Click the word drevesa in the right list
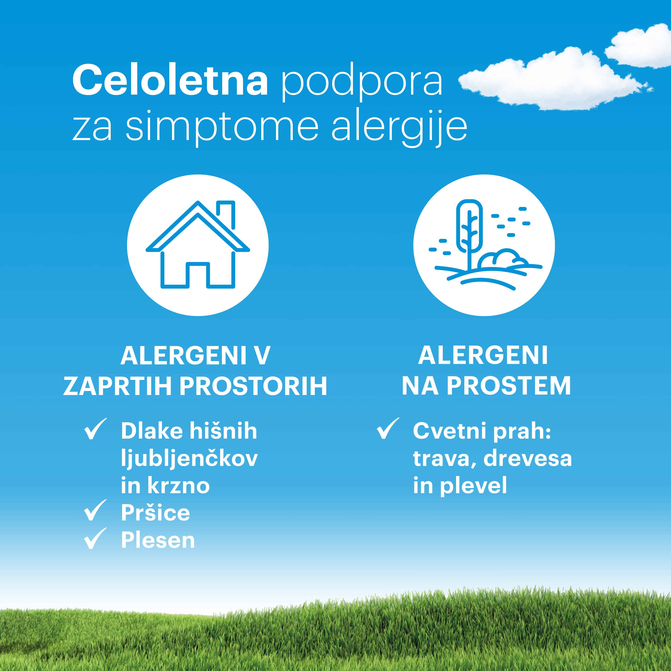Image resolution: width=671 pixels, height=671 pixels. tap(528, 459)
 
